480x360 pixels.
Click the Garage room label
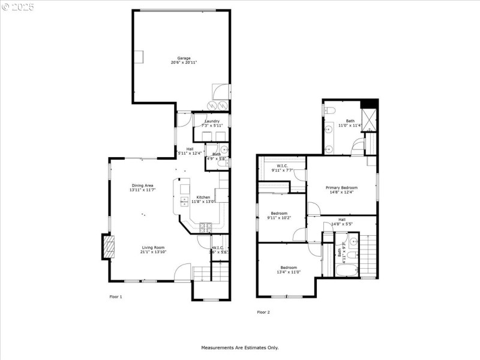(x=184, y=58)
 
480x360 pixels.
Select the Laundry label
(x=212, y=121)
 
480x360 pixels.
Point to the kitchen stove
(x=206, y=227)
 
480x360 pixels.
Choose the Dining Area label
(x=143, y=185)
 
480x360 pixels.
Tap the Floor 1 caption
(x=116, y=296)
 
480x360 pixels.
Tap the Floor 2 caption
(x=263, y=312)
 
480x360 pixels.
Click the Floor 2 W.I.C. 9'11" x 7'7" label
(x=283, y=166)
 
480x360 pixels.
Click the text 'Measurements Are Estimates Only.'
(x=239, y=347)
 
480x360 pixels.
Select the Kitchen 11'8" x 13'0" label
(x=203, y=197)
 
